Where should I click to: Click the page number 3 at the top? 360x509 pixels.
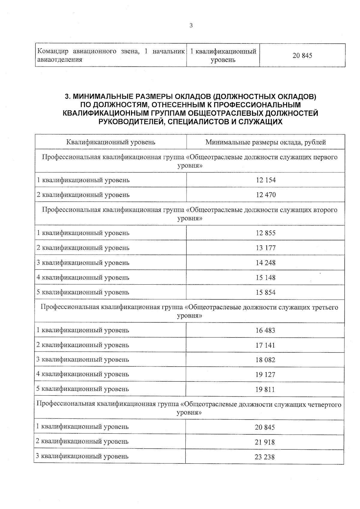191,25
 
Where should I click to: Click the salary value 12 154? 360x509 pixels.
265,180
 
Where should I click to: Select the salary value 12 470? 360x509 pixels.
265,195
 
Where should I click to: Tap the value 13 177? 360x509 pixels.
265,248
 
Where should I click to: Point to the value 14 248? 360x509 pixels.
265,263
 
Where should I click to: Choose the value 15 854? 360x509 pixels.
265,292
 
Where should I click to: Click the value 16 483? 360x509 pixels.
265,331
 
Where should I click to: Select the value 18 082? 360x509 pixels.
265,360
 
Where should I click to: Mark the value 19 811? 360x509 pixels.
265,390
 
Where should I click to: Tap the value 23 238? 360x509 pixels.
265,457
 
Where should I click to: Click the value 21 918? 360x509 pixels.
265,442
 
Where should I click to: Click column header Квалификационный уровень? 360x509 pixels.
111,142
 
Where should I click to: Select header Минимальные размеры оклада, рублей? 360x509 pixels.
265,142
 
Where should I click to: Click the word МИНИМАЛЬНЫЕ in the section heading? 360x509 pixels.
103,97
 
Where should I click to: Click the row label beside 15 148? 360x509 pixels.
83,277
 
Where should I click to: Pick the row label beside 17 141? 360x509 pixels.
83,345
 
